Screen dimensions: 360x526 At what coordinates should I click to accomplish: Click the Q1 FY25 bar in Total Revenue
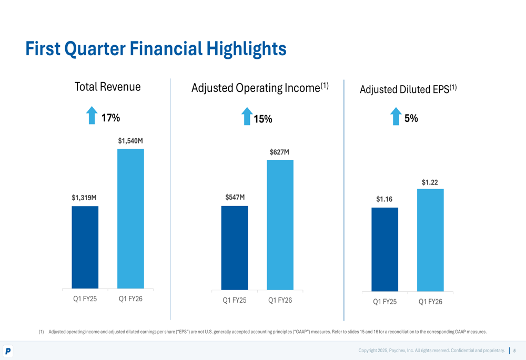point(85,247)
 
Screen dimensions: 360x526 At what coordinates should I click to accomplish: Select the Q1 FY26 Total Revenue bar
point(130,219)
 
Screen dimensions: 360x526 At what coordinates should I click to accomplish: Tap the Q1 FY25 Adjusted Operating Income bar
point(235,248)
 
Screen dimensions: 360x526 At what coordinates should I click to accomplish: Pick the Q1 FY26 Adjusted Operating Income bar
point(280,224)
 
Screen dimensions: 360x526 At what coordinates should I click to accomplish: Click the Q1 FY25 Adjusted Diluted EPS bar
point(385,249)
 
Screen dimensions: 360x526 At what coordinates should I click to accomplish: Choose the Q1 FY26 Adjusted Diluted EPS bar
point(430,240)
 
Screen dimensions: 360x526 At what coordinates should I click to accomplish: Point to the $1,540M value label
point(130,141)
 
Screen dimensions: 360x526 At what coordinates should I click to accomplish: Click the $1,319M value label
point(84,198)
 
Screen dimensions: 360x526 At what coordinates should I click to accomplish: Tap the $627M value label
point(279,152)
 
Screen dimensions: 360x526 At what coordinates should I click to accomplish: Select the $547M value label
point(235,198)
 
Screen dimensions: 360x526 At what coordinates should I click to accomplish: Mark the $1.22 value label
point(430,182)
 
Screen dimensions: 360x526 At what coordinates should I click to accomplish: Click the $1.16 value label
point(384,200)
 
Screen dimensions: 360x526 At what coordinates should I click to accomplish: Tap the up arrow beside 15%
point(247,116)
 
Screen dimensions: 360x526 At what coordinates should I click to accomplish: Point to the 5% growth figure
point(411,119)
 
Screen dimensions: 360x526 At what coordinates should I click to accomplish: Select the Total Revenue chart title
point(108,87)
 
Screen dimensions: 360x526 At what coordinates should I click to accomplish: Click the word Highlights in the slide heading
point(246,49)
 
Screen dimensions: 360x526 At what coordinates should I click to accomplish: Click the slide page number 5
point(514,351)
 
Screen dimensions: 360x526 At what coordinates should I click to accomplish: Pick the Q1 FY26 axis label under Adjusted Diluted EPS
point(430,302)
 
